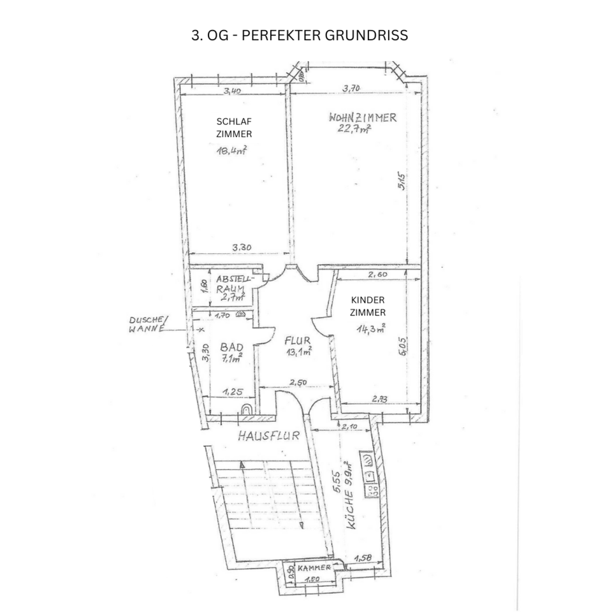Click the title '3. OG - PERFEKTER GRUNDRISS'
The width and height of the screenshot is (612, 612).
coord(300,36)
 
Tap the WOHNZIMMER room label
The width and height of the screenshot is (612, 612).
coord(363,117)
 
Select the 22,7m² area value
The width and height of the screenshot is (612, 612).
coord(354,130)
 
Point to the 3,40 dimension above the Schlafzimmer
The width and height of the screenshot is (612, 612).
coord(233,91)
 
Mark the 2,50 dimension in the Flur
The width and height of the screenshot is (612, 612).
coord(298,382)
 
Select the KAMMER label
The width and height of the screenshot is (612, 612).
coord(314,567)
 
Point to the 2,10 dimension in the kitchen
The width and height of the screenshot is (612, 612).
coord(351,426)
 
